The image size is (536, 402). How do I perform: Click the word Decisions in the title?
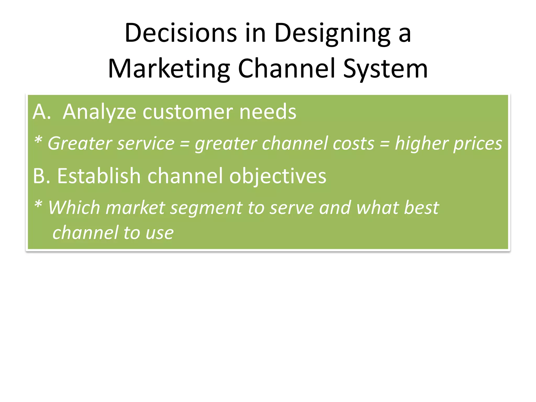[x=181, y=33]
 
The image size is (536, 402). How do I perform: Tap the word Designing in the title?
[x=332, y=33]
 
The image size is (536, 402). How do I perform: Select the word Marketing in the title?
[x=169, y=69]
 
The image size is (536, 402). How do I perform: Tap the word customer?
[x=187, y=112]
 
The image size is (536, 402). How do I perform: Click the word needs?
[x=268, y=112]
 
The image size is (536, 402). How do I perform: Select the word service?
[x=146, y=143]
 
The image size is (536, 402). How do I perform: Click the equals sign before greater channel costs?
[x=185, y=144]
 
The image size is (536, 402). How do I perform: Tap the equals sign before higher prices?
[x=384, y=144]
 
